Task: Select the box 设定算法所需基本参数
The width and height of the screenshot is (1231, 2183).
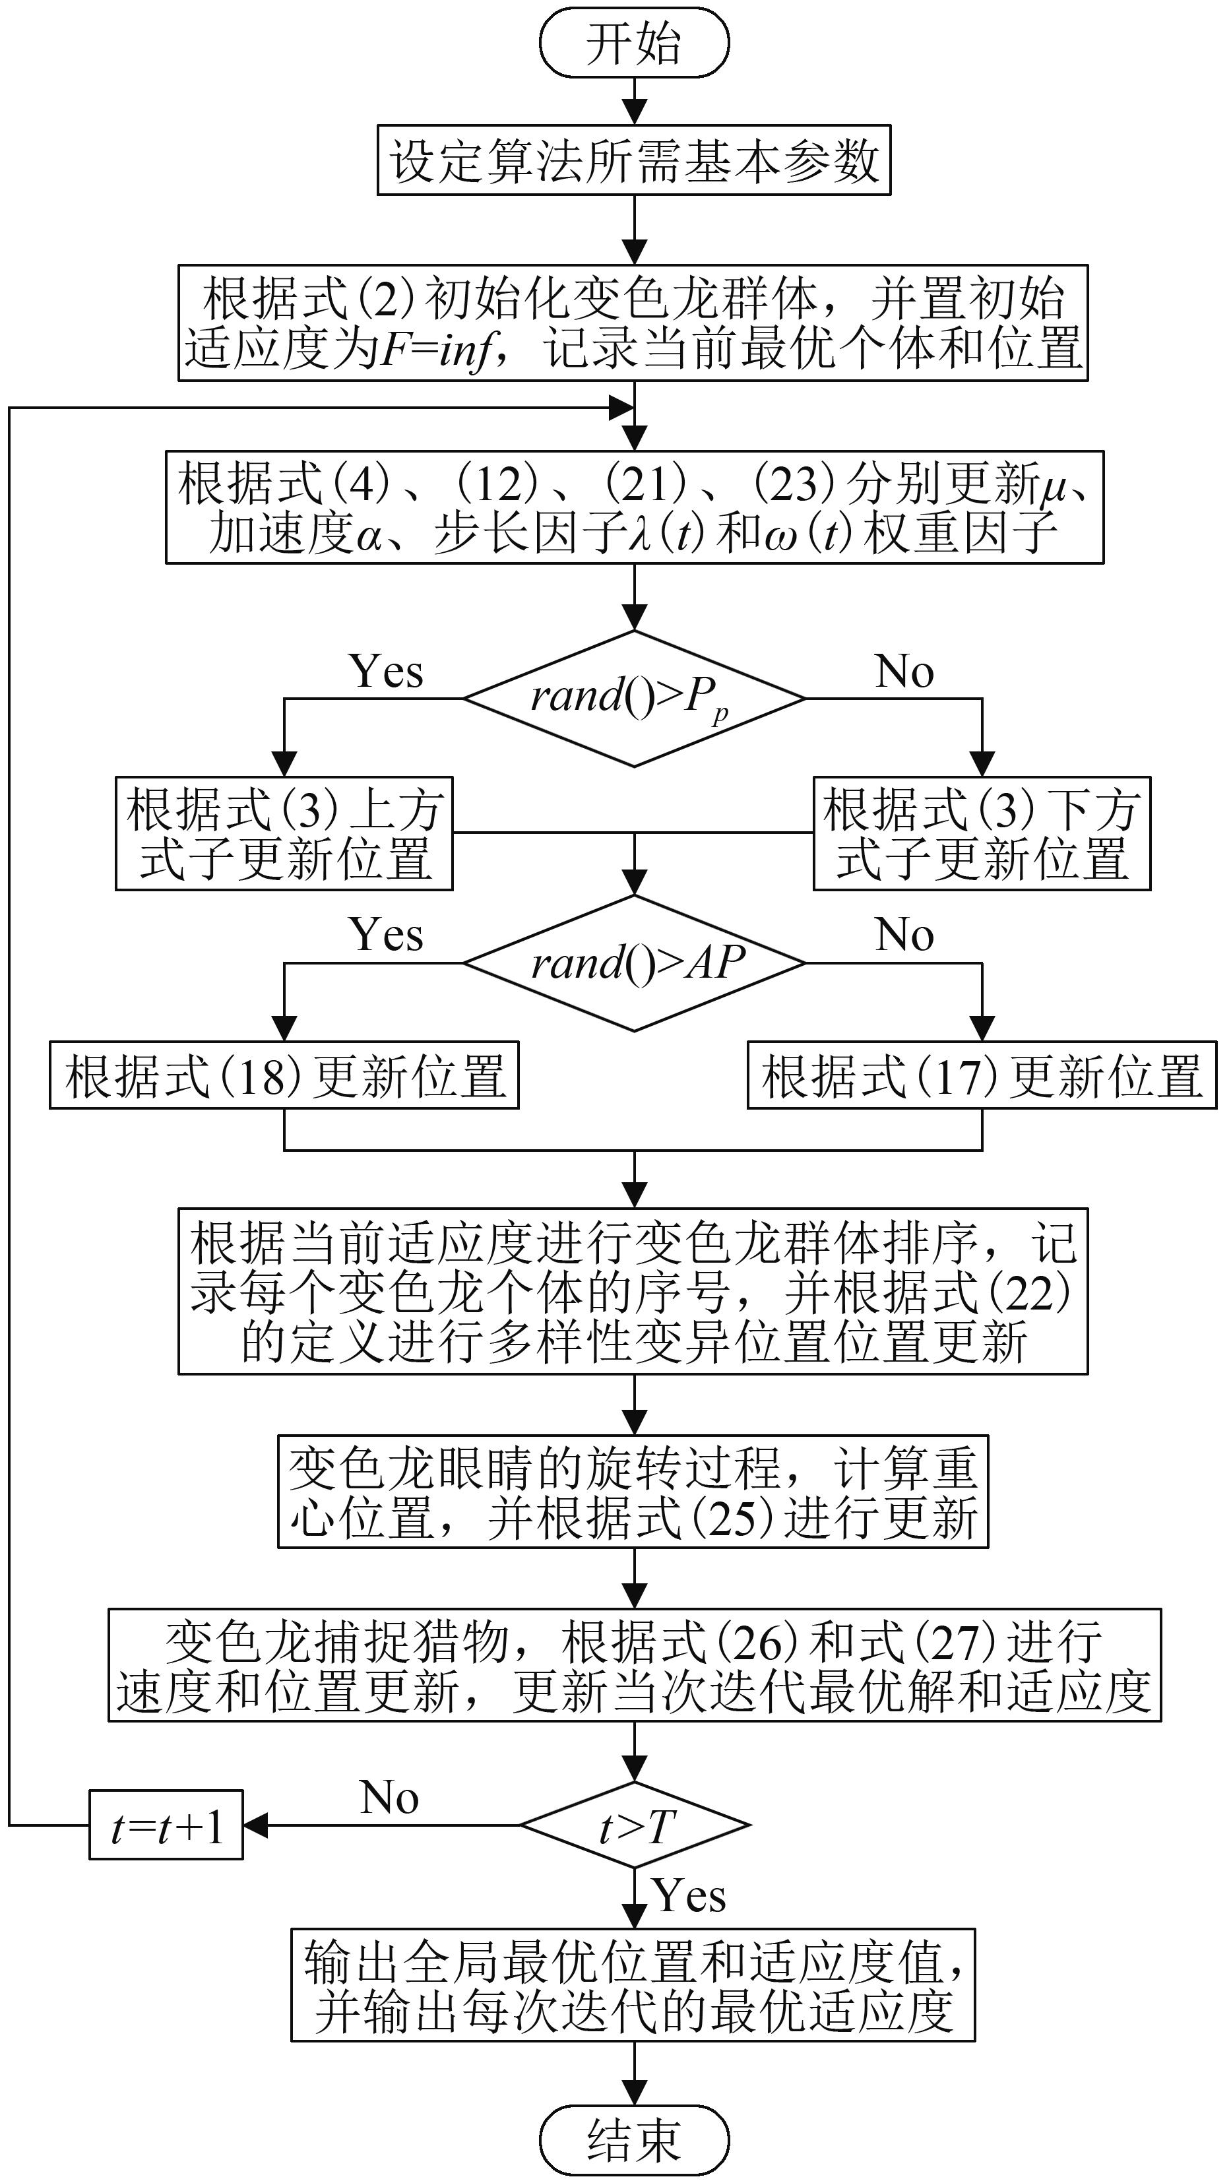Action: [634, 160]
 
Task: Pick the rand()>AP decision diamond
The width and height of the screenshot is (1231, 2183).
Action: [634, 964]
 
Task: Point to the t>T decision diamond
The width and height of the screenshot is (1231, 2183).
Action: [634, 1825]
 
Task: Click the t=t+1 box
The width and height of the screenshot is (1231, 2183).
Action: [166, 1825]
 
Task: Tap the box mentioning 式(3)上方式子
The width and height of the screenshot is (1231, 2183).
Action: [284, 833]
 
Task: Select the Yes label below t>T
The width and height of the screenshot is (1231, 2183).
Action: [689, 1896]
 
